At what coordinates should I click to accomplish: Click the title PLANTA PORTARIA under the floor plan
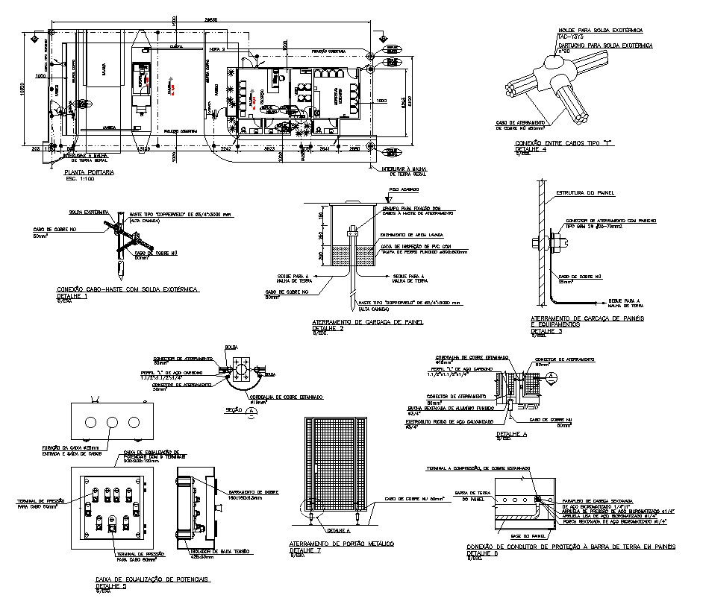coord(90,172)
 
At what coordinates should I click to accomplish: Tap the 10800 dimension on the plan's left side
coord(23,90)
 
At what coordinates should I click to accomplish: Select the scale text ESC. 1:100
coord(81,179)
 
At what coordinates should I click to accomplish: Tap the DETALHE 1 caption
coord(72,296)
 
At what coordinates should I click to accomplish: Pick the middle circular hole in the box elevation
coord(112,422)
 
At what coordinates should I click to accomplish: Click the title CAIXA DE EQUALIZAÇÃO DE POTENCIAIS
coord(153,579)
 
